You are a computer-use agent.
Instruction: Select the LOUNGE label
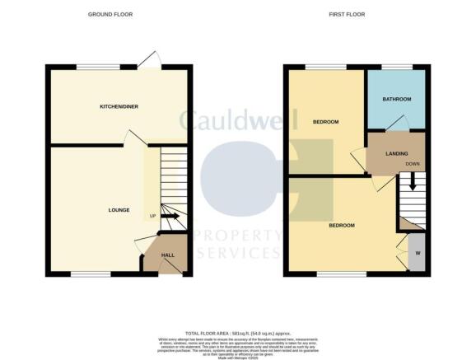pyautogui.click(x=119, y=210)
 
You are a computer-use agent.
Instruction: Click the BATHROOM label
pyautogui.click(x=396, y=100)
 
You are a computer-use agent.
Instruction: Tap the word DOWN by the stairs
pyautogui.click(x=413, y=163)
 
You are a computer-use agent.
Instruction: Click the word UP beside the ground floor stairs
pyautogui.click(x=153, y=217)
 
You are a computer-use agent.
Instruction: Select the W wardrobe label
pyautogui.click(x=418, y=253)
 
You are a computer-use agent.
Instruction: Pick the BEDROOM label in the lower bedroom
pyautogui.click(x=342, y=225)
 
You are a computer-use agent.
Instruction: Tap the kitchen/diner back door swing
pyautogui.click(x=148, y=60)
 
